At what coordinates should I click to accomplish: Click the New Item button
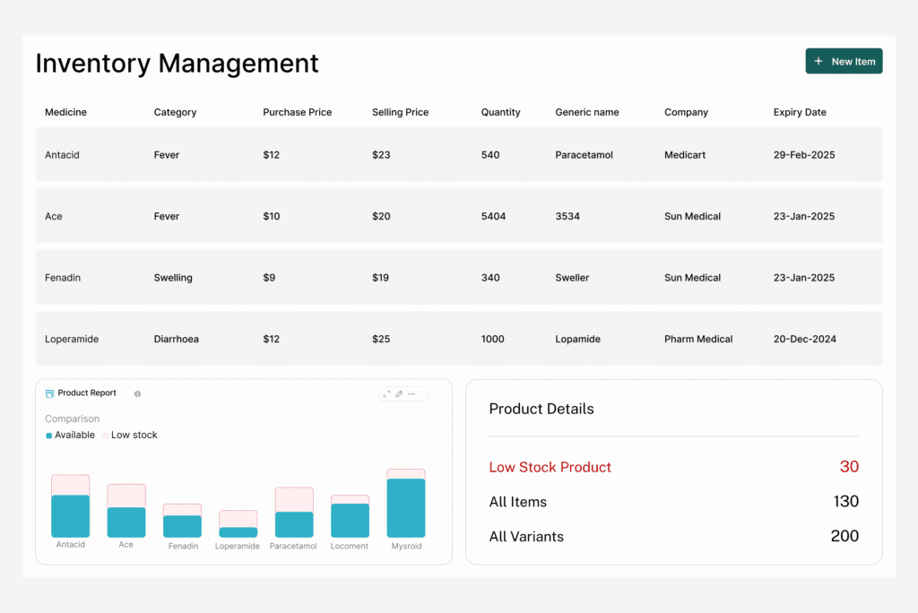844,61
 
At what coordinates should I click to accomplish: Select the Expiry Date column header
800,112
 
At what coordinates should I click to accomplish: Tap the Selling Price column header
400,112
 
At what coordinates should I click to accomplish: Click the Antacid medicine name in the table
62,155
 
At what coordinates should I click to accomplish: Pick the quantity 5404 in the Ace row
493,216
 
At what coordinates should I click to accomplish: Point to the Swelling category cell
173,278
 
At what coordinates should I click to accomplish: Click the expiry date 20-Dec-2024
804,339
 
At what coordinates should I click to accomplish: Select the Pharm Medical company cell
698,339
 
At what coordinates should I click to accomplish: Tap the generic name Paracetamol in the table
584,155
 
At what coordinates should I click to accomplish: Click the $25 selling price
381,339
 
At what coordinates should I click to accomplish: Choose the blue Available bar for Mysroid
406,507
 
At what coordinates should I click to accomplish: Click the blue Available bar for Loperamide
238,532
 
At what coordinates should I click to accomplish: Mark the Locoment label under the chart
350,546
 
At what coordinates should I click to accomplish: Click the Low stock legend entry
134,435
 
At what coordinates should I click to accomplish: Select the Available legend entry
74,435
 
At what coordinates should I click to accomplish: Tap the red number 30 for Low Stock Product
849,466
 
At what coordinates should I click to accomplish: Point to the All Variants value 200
844,536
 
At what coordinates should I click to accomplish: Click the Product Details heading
541,409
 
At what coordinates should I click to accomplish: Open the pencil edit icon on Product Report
399,393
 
